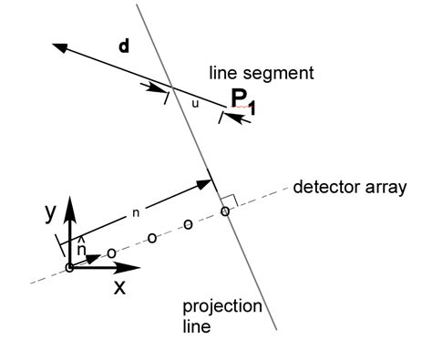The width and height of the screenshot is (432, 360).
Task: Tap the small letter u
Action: (194, 104)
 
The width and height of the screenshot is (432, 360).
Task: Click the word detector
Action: (324, 189)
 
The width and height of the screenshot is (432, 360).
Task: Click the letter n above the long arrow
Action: (135, 212)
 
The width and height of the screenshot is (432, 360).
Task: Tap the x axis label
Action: (118, 286)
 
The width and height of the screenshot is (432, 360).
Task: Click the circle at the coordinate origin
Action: (69, 267)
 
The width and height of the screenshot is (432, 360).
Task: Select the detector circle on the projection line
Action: (225, 211)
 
